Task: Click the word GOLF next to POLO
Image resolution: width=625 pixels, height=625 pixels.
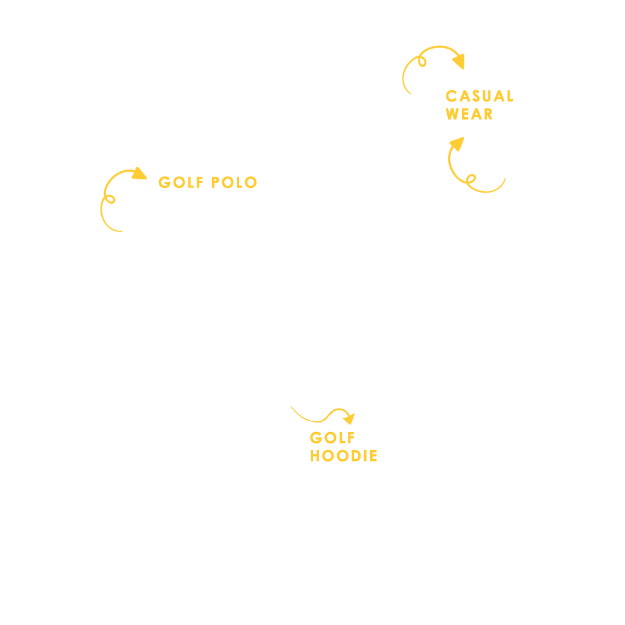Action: click(181, 183)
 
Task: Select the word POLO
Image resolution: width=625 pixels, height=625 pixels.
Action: click(234, 183)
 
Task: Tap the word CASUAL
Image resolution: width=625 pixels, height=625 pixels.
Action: click(480, 96)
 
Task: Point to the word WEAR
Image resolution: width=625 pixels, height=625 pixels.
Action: click(469, 114)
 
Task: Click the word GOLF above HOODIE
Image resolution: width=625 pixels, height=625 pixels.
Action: click(332, 437)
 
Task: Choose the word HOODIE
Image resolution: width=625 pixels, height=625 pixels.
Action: click(344, 456)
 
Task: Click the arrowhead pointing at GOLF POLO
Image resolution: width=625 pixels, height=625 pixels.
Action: click(139, 174)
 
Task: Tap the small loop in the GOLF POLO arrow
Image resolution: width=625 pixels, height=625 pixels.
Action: click(109, 199)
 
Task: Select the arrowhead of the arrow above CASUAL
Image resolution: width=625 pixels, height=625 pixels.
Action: click(459, 61)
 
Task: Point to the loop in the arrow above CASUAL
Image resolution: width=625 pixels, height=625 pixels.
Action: click(422, 61)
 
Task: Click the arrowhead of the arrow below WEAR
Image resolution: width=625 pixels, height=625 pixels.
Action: click(457, 144)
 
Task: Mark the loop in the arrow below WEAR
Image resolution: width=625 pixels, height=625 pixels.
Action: click(471, 178)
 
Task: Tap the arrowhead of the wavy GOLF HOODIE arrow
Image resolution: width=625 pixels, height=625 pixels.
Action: click(349, 418)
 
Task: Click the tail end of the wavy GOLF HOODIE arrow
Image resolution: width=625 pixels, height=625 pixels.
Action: click(291, 407)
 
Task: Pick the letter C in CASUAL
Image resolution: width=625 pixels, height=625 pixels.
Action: click(451, 96)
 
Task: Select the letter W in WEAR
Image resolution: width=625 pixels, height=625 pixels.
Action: click(453, 114)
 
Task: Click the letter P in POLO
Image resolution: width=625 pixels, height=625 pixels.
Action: click(215, 183)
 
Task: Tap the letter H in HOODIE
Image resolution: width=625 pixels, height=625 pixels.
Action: click(315, 456)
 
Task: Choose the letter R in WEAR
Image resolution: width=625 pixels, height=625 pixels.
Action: click(488, 114)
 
